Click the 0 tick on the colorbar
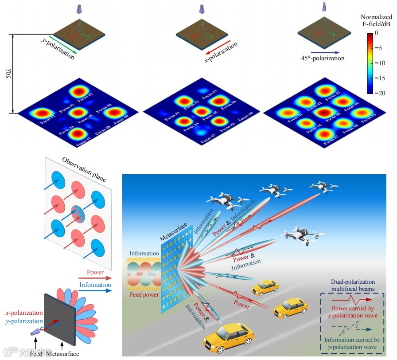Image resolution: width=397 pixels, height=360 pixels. (x=376, y=33)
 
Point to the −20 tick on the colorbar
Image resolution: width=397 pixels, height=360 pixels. (x=376, y=93)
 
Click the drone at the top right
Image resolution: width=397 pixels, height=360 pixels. (x=322, y=186)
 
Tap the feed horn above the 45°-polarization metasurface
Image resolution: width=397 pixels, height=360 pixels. (x=324, y=6)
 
